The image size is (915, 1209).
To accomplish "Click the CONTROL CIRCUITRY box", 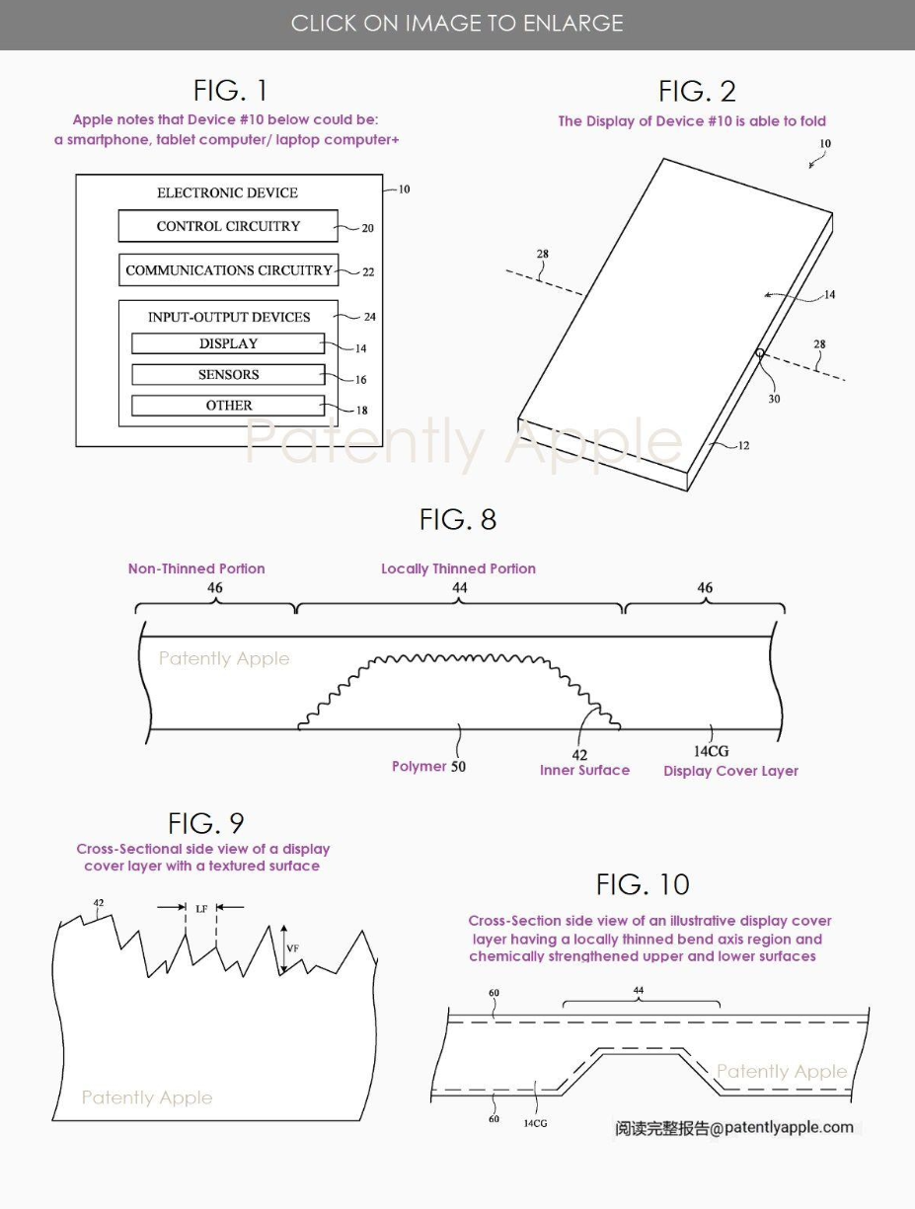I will click(228, 226).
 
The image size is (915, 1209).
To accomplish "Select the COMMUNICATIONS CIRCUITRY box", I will click(228, 270).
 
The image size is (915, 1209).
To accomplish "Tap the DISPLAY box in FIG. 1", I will click(228, 343).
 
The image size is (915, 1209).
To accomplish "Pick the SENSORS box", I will click(228, 375).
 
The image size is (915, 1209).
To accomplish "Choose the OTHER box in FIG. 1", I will click(228, 406).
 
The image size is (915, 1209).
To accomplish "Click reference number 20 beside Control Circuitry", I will click(367, 228).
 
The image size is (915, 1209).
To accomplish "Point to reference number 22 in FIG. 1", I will click(367, 272).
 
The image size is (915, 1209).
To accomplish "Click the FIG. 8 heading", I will click(457, 519).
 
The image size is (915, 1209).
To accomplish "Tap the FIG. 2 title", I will click(697, 92).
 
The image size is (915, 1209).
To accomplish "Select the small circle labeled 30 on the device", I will click(759, 352).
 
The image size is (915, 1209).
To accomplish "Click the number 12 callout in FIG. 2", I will click(743, 446).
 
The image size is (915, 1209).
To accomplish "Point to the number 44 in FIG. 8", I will click(459, 588).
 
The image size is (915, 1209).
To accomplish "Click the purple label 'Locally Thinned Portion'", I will click(458, 568).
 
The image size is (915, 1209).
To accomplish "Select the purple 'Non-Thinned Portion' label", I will click(196, 568).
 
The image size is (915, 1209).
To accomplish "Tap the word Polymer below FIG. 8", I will click(419, 767).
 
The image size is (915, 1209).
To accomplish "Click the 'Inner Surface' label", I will click(584, 771).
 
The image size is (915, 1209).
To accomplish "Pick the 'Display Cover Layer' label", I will click(730, 771).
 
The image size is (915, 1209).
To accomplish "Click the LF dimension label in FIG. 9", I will click(201, 908).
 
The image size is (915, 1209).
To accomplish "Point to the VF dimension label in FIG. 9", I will click(292, 948).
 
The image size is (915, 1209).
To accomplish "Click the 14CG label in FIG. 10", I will click(534, 1123).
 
